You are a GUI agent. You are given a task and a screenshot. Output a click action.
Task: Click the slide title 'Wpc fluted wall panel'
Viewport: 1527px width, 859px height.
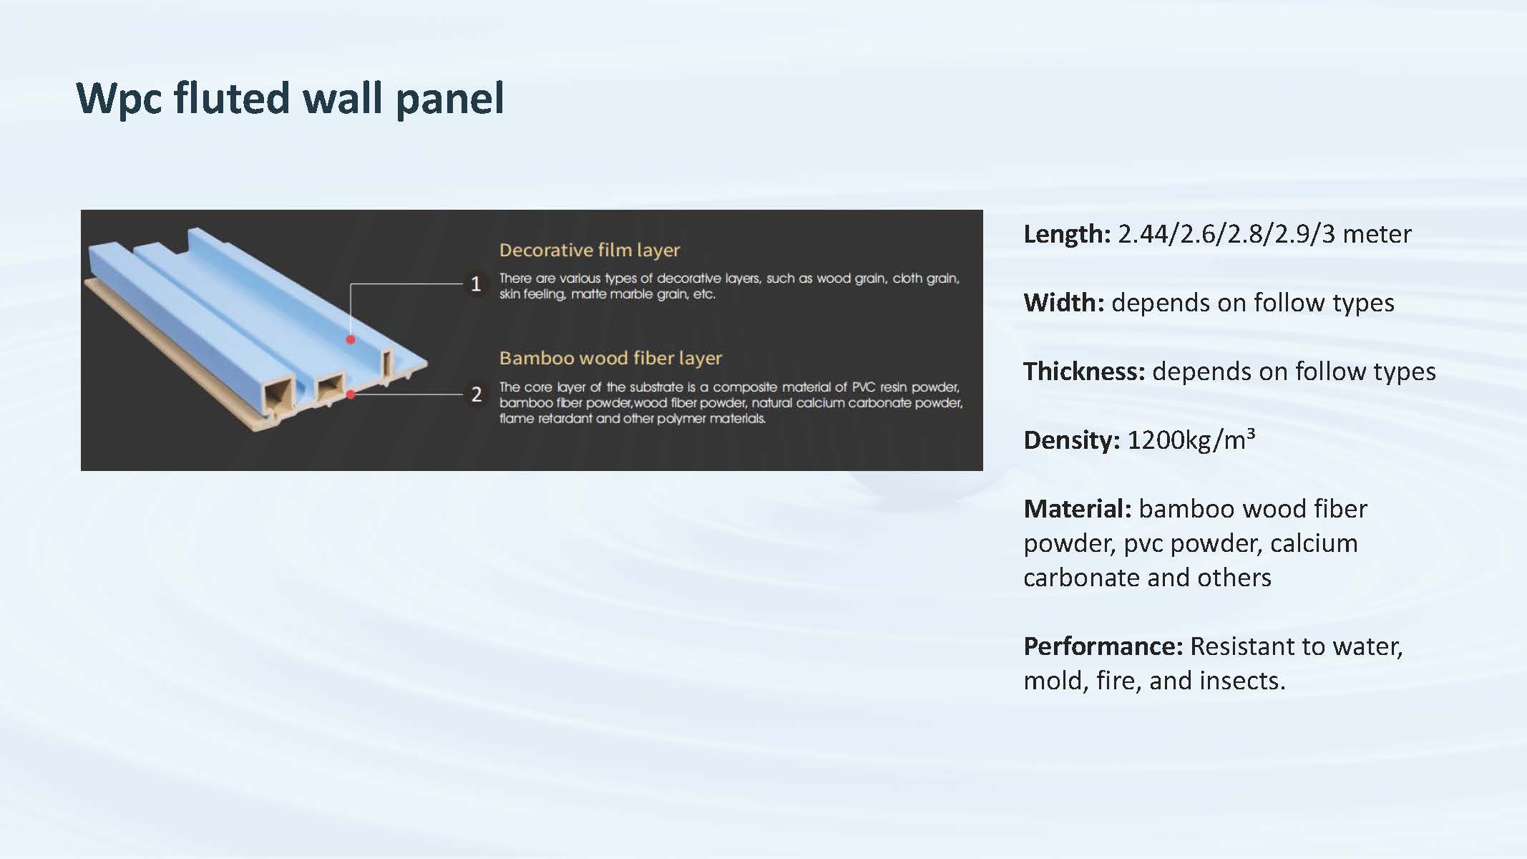tap(290, 98)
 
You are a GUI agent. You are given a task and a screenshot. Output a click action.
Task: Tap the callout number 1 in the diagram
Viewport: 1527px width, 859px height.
tap(476, 284)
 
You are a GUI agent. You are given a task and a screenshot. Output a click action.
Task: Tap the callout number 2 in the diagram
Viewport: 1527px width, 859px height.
tap(477, 394)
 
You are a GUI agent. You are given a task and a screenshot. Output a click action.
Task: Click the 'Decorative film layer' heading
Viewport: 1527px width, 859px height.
tap(590, 250)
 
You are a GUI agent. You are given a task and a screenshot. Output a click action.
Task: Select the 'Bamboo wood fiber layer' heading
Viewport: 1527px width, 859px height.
tap(611, 358)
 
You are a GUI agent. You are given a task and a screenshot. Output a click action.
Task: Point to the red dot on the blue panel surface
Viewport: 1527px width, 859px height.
tap(351, 339)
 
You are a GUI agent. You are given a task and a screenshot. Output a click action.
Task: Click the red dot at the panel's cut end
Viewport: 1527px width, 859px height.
tap(351, 394)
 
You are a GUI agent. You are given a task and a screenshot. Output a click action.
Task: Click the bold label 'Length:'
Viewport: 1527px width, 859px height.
tap(1067, 234)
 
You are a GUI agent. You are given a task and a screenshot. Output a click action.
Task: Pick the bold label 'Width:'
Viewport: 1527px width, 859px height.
tap(1064, 303)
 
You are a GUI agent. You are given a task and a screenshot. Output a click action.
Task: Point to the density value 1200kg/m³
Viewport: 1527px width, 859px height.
tap(1191, 440)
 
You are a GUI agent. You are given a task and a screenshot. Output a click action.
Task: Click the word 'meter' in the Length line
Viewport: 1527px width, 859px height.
tap(1377, 235)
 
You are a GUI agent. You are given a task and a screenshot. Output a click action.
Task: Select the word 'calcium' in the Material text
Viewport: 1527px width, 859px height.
tap(1314, 543)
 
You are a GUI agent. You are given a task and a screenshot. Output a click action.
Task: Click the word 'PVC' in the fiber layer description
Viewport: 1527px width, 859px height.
tap(863, 387)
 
